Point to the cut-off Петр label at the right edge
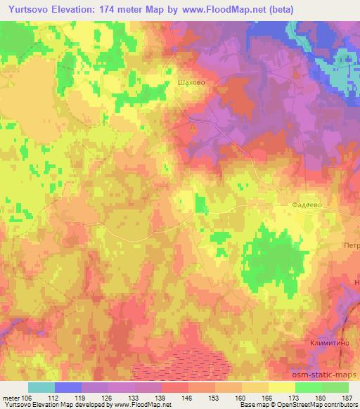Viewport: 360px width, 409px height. pos(351,246)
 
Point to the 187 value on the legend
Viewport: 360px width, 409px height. pos(347,398)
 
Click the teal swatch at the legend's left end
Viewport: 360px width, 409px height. pos(41,387)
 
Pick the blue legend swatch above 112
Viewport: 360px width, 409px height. pos(68,387)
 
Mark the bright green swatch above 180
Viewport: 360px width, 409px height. pos(309,387)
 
